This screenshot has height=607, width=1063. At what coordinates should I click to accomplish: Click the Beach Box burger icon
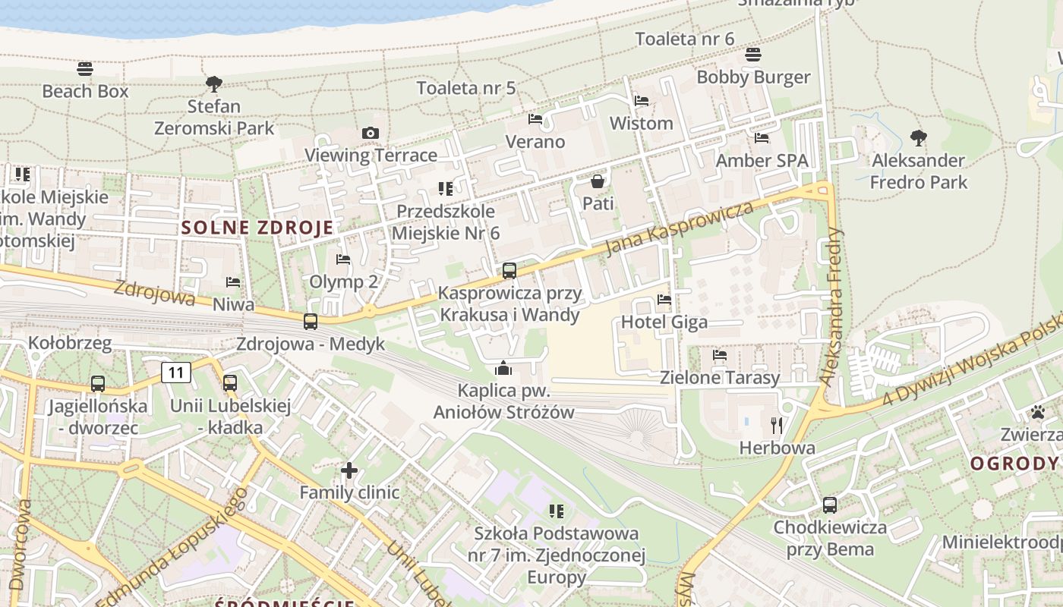tap(85, 69)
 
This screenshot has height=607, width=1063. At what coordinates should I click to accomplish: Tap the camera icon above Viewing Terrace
tap(371, 134)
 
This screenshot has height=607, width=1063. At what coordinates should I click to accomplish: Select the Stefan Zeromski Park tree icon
tap(214, 83)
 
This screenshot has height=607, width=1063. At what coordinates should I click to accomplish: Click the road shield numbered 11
tap(176, 373)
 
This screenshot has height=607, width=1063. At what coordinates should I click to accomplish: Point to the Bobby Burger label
tap(753, 77)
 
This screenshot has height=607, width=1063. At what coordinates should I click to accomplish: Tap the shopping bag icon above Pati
tap(598, 181)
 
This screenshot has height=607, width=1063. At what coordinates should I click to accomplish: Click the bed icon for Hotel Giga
tap(664, 300)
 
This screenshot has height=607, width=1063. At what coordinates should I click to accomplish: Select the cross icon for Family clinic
tap(349, 470)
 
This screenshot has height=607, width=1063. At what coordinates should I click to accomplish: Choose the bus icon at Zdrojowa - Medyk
tap(311, 321)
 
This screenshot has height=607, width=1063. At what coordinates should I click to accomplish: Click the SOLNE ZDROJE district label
tap(257, 228)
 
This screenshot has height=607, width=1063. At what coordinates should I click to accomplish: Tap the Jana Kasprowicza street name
tap(680, 228)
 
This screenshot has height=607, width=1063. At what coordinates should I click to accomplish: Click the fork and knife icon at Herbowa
tap(776, 425)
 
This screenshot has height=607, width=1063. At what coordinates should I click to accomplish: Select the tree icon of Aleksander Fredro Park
tap(918, 138)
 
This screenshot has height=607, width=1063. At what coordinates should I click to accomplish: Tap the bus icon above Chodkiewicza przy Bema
tap(830, 505)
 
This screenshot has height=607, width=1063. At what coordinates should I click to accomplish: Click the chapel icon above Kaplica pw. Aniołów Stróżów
tap(503, 369)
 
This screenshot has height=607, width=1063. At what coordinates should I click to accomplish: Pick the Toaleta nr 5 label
tap(466, 88)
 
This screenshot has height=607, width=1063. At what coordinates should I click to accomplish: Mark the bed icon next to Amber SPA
tap(762, 138)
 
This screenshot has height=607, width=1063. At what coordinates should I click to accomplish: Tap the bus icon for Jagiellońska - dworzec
tap(98, 384)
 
